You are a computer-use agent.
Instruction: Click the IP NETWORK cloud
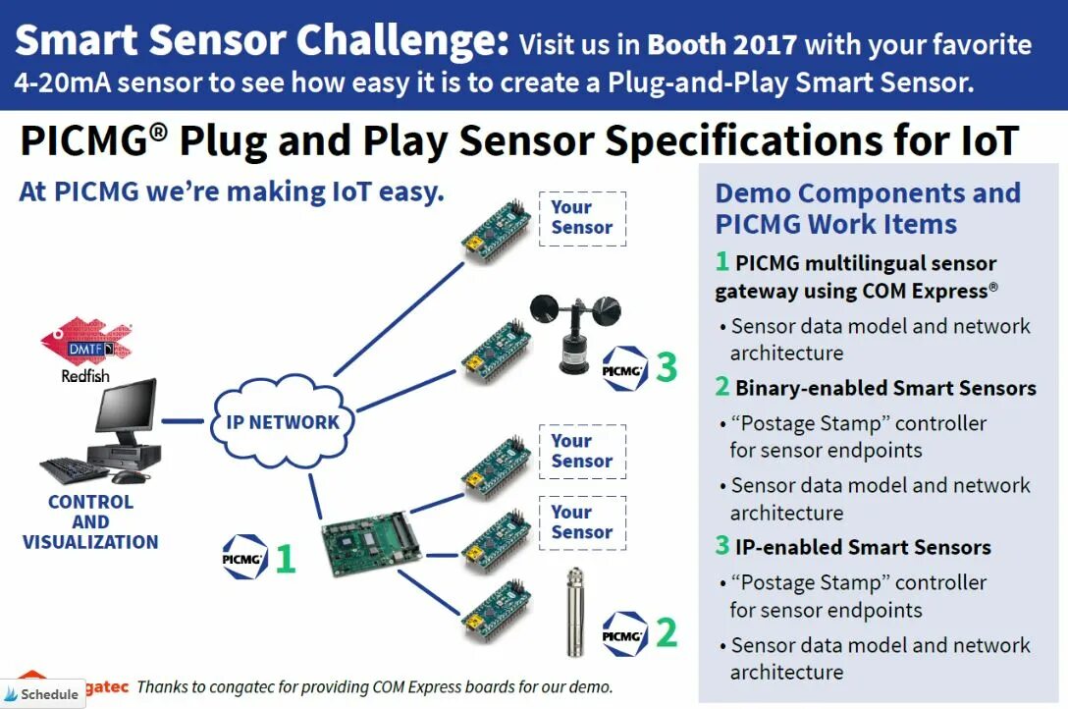[x=282, y=422]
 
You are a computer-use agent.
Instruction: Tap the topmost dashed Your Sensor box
[x=582, y=217]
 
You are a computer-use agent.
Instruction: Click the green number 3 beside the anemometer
[x=667, y=367]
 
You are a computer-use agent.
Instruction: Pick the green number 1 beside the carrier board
[x=285, y=558]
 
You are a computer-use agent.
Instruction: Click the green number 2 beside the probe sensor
[x=667, y=632]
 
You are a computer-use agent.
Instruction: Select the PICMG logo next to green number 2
[x=625, y=634]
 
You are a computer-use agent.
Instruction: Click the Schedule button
[x=41, y=693]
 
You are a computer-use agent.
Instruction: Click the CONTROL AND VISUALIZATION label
[x=90, y=521]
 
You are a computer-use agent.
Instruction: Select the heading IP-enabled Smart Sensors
[x=863, y=547]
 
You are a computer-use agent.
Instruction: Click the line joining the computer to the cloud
[x=183, y=422]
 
